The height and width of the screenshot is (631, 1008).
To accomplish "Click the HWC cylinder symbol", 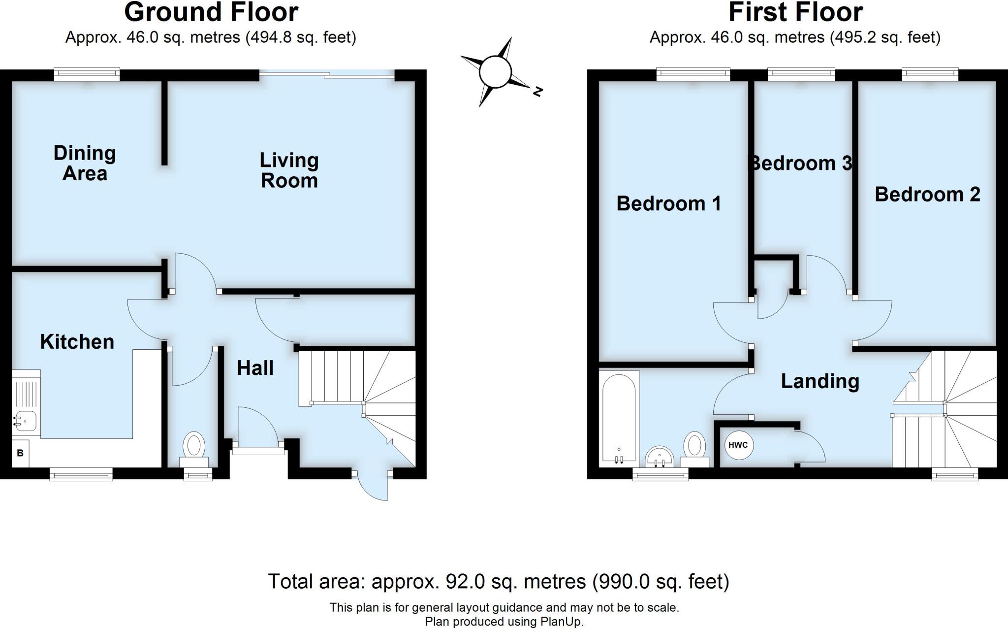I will [738, 445].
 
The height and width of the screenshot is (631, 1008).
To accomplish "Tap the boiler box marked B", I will [20, 453].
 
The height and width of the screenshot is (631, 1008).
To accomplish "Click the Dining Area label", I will [85, 163].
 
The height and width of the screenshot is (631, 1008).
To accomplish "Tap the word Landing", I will [820, 381].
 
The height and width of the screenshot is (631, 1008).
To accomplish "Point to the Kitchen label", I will [77, 342].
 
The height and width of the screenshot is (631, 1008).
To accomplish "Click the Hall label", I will [255, 368].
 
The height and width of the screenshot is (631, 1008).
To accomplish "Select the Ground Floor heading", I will [211, 12].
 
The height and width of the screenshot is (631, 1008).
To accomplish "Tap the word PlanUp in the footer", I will [562, 622].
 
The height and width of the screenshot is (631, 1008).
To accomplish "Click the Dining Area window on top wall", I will [87, 75].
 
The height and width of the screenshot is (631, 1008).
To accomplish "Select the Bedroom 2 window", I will [930, 74].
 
